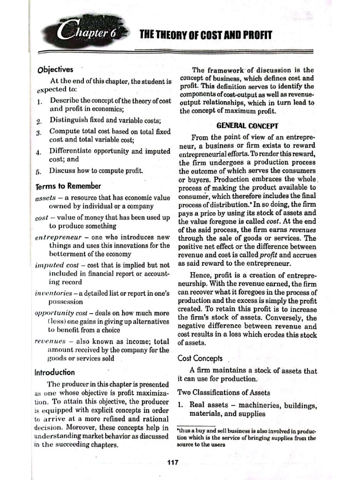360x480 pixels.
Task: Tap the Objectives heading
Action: coord(55,69)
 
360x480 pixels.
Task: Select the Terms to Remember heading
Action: coord(68,186)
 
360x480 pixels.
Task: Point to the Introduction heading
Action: coord(54,372)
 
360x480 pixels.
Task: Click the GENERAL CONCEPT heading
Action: coord(247,126)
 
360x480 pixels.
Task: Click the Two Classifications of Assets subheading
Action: coord(224,392)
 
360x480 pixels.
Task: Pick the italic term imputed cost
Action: coord(54,265)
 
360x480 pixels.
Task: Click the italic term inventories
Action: coord(54,293)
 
